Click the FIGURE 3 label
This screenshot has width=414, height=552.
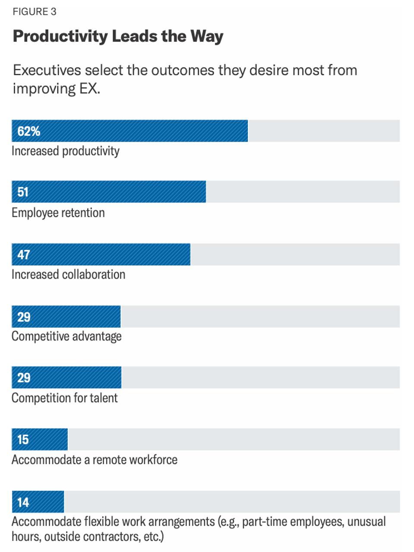point(35,12)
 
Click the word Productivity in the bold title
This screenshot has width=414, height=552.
point(60,36)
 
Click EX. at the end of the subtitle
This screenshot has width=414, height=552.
point(89,89)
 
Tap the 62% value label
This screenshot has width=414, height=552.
point(28,131)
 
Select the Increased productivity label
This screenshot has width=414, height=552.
point(66,151)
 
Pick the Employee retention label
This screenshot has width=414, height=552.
point(58,213)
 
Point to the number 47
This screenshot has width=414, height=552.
point(23,254)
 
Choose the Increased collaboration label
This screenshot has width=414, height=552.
point(68,275)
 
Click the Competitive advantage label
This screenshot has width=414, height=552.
point(66,336)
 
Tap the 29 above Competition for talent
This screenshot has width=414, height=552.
point(24,378)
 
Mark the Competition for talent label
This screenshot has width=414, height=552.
point(65,398)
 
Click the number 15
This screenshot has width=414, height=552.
point(23,440)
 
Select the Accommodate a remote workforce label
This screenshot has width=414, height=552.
point(95,460)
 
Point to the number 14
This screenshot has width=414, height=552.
point(23,502)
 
